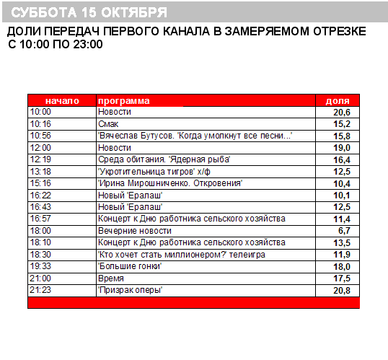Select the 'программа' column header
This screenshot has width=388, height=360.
pos(124,101)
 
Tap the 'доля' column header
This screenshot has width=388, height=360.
pos(338,101)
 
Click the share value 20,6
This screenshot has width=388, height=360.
pos(341,113)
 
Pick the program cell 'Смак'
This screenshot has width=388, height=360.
pos(107,123)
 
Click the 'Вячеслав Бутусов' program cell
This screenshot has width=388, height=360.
pos(195,135)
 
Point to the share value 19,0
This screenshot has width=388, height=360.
pos(341,147)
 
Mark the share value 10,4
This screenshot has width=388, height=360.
pos(341,183)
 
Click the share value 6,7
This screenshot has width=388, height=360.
pos(344,230)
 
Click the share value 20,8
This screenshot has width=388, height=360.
pos(341,290)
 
